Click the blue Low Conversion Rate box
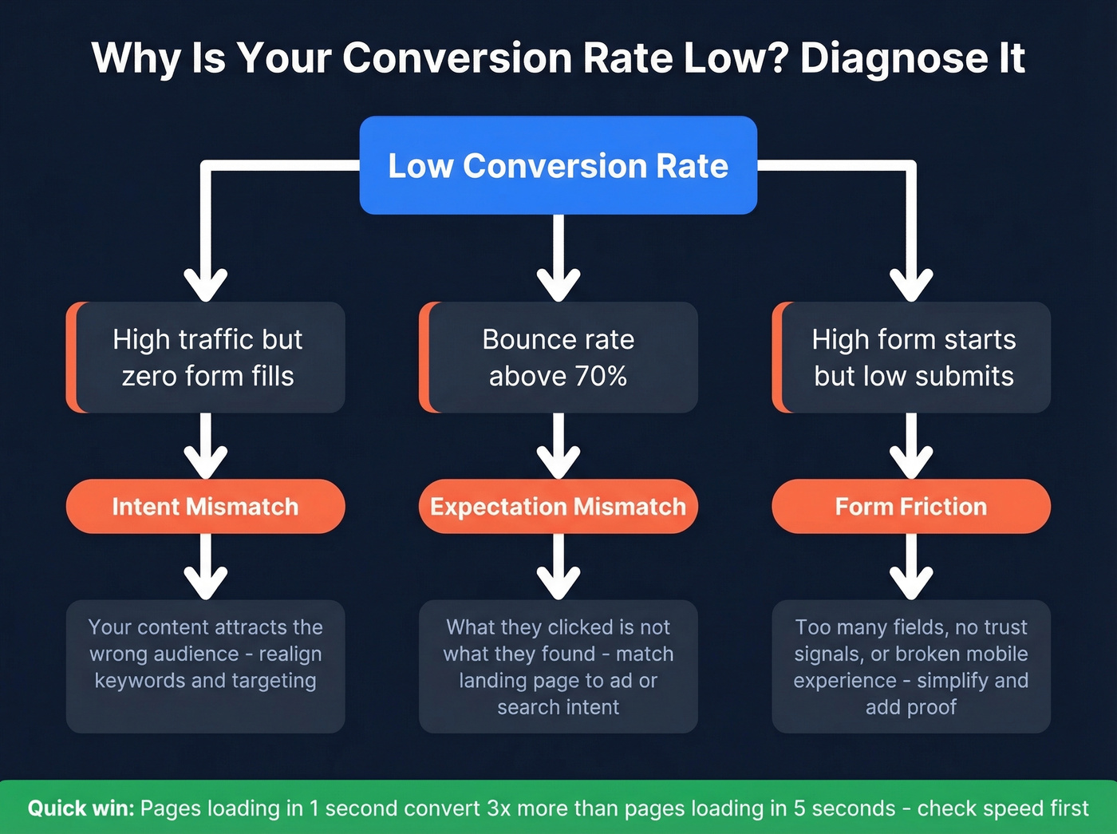coord(558,165)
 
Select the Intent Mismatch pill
coord(205,506)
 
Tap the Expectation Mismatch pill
coord(558,506)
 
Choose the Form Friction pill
coord(910,506)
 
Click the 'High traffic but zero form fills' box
coord(207,357)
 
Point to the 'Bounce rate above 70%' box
coord(558,357)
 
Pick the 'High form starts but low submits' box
coord(914,357)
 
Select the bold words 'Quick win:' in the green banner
coord(81,808)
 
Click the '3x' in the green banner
coord(499,808)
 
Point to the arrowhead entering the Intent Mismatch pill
coord(206,463)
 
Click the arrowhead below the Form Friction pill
coord(911,583)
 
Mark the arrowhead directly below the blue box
coord(558,284)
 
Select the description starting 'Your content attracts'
coord(205,654)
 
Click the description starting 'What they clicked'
coord(558,666)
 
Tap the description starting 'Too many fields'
coord(910,666)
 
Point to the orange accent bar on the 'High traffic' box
coord(72,357)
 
